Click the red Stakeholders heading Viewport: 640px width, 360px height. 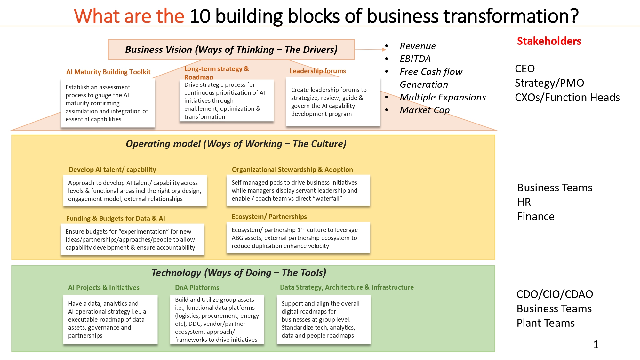pos(549,41)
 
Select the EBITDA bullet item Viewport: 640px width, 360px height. pos(415,59)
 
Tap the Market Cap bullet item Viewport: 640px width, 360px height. pos(425,110)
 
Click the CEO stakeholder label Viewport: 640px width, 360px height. pos(524,69)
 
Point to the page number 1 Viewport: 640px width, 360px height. pos(596,344)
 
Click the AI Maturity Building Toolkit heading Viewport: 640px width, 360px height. pos(108,72)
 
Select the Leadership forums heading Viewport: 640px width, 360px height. pos(317,71)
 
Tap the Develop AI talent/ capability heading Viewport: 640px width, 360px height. pos(112,170)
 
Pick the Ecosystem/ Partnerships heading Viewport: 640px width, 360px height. pos(269,217)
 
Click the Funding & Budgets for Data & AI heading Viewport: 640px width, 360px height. pos(116,219)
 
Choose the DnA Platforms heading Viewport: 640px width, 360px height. pos(197,288)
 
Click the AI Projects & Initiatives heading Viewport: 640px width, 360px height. pos(104,288)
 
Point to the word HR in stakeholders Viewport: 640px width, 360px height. pos(524,202)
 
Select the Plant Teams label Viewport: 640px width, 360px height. pos(545,323)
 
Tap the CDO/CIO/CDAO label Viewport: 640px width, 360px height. pos(555,294)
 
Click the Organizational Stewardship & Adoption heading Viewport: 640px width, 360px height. pos(292,170)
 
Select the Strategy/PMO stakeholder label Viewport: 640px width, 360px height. pos(549,83)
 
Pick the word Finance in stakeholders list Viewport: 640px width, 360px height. pos(536,217)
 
